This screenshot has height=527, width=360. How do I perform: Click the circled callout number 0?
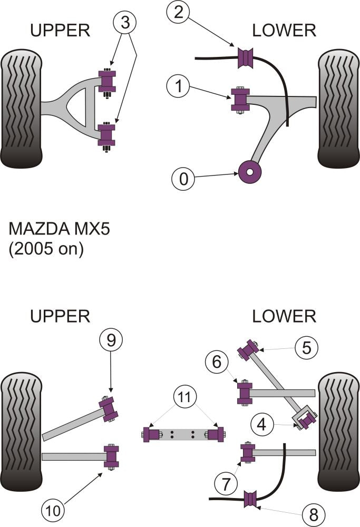pos(183,180)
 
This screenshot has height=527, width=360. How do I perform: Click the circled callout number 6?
pos(221,362)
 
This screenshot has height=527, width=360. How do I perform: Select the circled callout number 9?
pos(110,341)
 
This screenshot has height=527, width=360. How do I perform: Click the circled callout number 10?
pos(54,510)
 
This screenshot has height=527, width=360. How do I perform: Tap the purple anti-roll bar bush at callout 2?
pos(246,58)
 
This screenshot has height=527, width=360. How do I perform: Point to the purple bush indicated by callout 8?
pos(251,499)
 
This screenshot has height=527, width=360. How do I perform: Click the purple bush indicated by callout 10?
pos(111,456)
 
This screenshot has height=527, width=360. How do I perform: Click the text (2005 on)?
pos(46,249)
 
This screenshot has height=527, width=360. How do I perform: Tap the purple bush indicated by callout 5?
pos(248,351)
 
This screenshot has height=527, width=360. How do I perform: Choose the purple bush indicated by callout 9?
pos(110,408)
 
